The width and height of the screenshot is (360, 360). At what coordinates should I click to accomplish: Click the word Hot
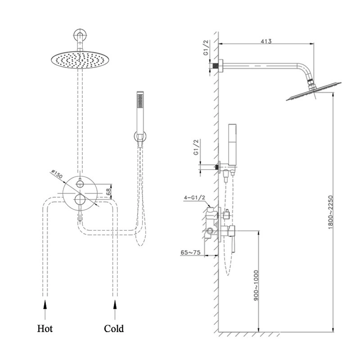point(45,328)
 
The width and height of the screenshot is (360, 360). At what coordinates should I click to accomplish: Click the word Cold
point(114,328)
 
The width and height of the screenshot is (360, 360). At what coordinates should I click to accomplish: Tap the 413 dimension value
point(266,41)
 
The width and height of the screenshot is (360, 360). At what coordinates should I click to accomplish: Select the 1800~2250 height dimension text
point(330,212)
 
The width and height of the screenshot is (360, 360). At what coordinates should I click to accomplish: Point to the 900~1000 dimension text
point(256,285)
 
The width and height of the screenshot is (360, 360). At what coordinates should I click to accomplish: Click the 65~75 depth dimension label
point(190,252)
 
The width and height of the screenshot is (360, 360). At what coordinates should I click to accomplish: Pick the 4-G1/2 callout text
point(194,198)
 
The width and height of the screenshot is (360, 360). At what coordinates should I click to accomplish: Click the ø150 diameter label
point(57,175)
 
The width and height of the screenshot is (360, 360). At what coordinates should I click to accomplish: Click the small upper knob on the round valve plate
point(80,184)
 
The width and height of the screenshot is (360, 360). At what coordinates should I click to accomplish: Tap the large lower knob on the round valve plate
point(80,199)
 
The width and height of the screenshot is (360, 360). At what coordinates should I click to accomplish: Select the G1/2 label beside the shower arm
point(206,48)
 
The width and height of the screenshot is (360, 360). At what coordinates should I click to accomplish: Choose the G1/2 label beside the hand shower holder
point(196,147)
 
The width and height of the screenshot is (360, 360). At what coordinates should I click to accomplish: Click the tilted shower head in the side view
point(314,91)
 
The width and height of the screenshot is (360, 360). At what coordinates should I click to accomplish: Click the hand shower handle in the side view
point(232,144)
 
